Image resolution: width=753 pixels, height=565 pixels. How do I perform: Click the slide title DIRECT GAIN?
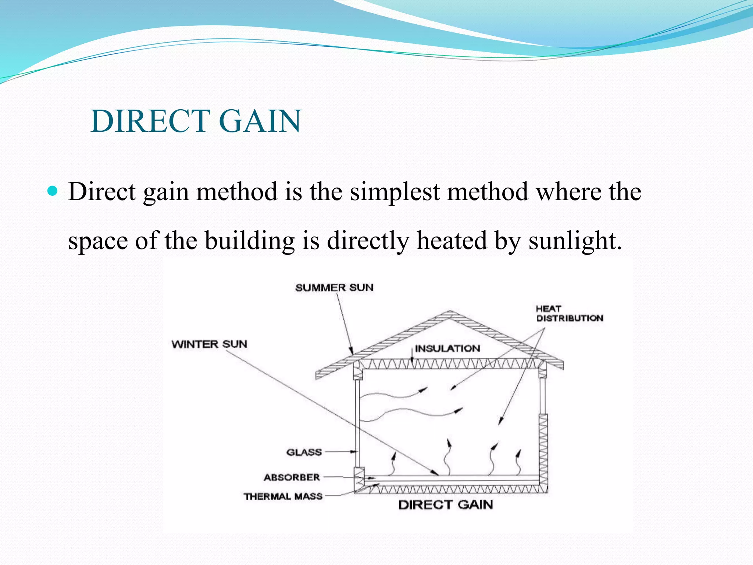pyautogui.click(x=196, y=121)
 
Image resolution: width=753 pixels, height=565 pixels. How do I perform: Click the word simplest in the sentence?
pyautogui.click(x=395, y=192)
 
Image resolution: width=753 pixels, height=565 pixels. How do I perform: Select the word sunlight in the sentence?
pyautogui.click(x=575, y=241)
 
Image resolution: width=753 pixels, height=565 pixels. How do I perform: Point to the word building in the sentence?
pyautogui.click(x=250, y=241)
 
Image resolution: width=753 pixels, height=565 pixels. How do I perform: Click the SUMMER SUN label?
pyautogui.click(x=334, y=288)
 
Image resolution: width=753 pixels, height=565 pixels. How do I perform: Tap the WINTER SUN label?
pyautogui.click(x=209, y=344)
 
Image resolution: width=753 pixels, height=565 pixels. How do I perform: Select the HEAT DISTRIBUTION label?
pyautogui.click(x=569, y=313)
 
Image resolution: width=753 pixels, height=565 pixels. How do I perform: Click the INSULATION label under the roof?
pyautogui.click(x=447, y=348)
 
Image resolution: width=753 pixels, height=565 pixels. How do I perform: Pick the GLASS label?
pyautogui.click(x=304, y=452)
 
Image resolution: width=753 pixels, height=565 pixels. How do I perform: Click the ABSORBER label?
pyautogui.click(x=292, y=477)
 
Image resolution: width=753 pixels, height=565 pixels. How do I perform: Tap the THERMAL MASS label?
pyautogui.click(x=283, y=497)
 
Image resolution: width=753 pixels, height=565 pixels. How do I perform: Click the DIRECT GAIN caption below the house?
pyautogui.click(x=446, y=505)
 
